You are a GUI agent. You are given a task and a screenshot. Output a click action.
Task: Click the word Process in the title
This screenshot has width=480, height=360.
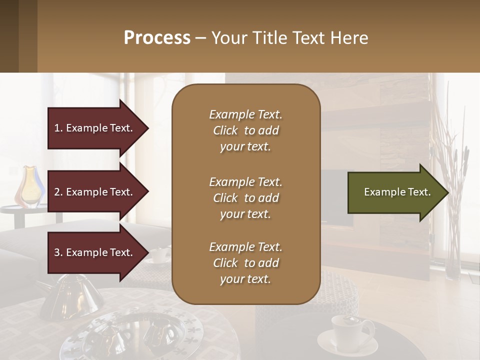(x=157, y=38)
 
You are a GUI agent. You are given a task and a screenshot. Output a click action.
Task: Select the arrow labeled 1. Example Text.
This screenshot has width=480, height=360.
(x=95, y=128)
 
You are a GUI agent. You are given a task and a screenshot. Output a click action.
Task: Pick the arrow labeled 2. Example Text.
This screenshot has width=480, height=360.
(x=95, y=192)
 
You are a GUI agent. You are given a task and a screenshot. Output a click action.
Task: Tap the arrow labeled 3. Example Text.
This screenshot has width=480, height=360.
(x=95, y=252)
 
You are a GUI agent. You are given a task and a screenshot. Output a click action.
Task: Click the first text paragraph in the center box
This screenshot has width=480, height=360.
(x=245, y=130)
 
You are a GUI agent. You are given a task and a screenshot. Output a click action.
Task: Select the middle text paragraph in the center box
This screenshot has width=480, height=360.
(x=245, y=198)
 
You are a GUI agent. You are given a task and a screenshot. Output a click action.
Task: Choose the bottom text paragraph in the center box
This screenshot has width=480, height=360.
(x=245, y=263)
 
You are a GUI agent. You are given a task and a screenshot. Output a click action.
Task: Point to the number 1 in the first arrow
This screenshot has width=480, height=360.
(x=57, y=128)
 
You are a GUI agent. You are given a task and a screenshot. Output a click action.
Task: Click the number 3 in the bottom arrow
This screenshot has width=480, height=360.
(x=57, y=252)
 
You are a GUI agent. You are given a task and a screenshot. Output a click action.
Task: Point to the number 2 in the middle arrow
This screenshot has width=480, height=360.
(x=57, y=192)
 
